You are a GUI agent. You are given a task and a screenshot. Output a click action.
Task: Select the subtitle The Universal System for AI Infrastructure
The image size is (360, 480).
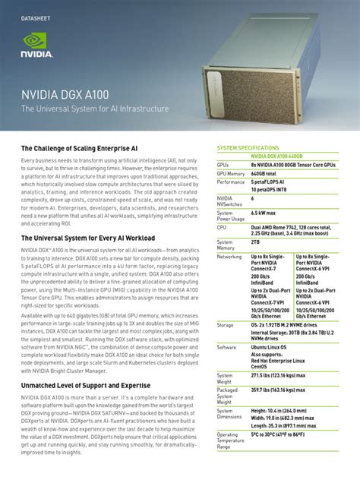point(95,109)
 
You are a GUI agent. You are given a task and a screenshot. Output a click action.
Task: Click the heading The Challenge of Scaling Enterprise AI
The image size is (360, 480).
point(79,149)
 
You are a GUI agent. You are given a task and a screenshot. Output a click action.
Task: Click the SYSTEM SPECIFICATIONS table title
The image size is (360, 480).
point(248,147)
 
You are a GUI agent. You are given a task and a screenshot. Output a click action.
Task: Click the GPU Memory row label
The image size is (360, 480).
point(231,173)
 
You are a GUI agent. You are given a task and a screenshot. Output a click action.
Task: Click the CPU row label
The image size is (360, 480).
point(222,226)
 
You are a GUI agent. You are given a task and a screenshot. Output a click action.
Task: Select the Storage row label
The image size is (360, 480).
point(226,324)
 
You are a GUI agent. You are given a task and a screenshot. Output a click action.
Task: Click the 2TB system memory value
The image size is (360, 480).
point(256,241)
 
